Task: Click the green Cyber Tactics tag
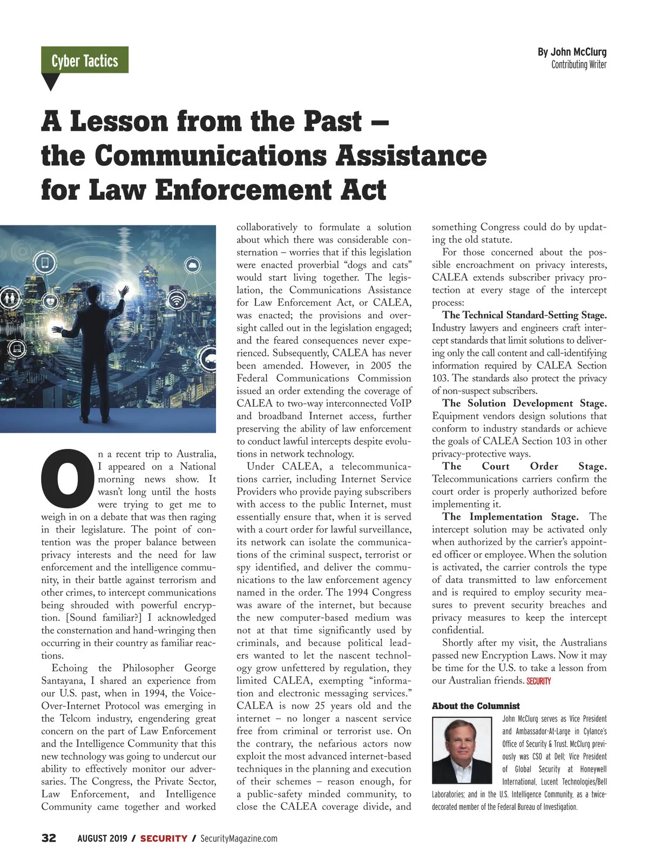coord(85,61)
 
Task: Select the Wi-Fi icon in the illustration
coord(177,300)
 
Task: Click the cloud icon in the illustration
coord(193,265)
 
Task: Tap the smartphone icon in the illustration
coord(45,264)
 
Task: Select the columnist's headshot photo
coord(464,750)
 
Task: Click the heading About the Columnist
coord(476,706)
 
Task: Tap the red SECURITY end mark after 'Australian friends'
coord(538,681)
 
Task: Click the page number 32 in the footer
coord(49,838)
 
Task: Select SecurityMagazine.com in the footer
coord(239,838)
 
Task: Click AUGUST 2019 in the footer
coord(102,838)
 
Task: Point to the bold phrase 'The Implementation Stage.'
coord(510,517)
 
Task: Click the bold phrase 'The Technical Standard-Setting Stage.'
coord(524,315)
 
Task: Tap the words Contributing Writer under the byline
coord(579,65)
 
